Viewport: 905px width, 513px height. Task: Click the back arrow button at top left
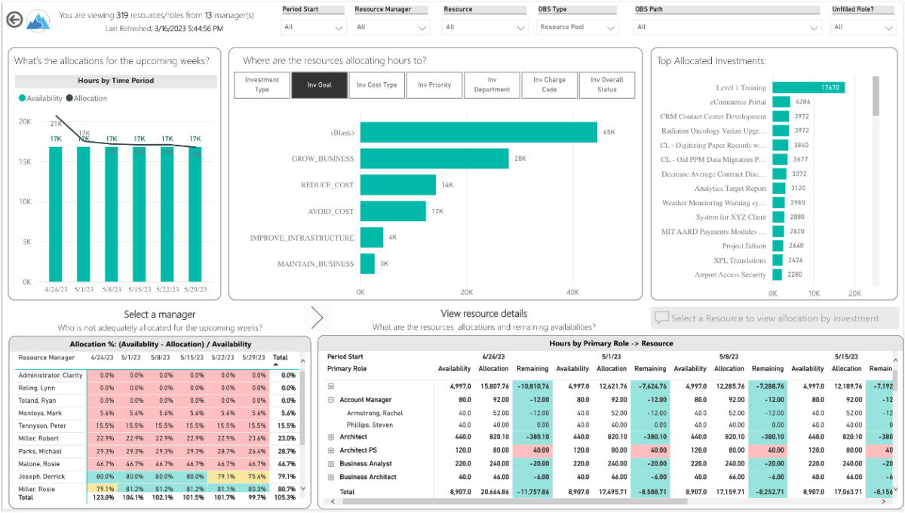[14, 20]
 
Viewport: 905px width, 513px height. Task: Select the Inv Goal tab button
[320, 85]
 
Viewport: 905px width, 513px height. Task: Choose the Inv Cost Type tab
[377, 85]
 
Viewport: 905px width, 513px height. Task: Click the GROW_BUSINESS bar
[434, 158]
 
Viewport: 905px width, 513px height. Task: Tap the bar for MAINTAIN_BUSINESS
[367, 264]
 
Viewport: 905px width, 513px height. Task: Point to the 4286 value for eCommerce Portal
[802, 102]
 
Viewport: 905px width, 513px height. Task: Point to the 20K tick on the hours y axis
[25, 121]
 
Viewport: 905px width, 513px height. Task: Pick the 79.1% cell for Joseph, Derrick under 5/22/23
[222, 477]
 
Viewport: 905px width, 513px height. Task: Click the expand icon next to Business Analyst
[331, 464]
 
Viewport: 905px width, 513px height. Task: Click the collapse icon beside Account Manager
[331, 400]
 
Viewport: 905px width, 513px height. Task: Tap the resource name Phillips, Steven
[371, 425]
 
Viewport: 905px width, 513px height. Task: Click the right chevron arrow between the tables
[317, 317]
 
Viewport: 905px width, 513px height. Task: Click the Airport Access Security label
[730, 275]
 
